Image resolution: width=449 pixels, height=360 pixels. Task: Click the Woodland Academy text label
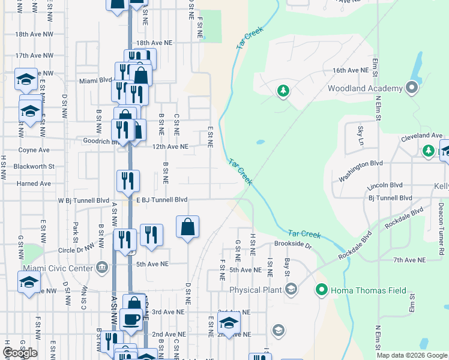[x=365, y=89]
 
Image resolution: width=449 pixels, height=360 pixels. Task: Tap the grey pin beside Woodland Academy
[x=412, y=89]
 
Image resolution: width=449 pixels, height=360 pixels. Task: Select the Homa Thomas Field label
[x=364, y=291]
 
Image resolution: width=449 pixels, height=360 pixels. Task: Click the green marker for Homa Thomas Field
[x=322, y=291]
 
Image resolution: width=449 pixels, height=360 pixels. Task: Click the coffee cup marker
[x=131, y=319]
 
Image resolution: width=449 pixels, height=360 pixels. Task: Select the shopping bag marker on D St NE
[x=188, y=227]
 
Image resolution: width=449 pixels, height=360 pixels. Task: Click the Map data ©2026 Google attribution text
[x=411, y=355]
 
